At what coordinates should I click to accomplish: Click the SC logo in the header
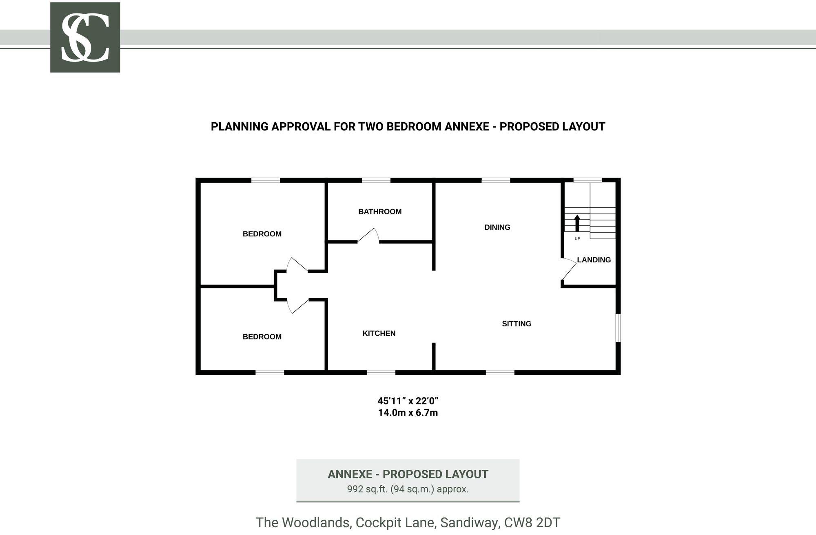[85, 37]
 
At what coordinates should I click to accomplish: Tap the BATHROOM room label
[380, 211]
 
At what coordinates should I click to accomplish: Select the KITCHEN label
[379, 333]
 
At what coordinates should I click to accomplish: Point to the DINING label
[497, 227]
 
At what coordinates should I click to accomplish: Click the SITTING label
[517, 324]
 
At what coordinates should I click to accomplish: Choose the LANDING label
[594, 260]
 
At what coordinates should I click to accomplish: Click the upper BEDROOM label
[262, 234]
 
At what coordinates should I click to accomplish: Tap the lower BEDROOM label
[262, 337]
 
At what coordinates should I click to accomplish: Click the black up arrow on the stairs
[577, 223]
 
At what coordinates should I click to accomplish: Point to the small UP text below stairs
[577, 239]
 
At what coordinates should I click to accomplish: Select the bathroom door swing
[368, 236]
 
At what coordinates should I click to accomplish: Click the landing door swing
[569, 269]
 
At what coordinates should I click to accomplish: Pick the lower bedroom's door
[297, 306]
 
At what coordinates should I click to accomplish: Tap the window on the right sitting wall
[618, 328]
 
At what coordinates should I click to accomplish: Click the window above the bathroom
[376, 180]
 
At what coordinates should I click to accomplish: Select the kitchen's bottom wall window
[381, 372]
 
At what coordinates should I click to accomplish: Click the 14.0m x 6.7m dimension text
[408, 413]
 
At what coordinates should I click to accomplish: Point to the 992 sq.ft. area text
[408, 489]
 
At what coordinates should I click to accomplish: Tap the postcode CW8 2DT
[532, 522]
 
